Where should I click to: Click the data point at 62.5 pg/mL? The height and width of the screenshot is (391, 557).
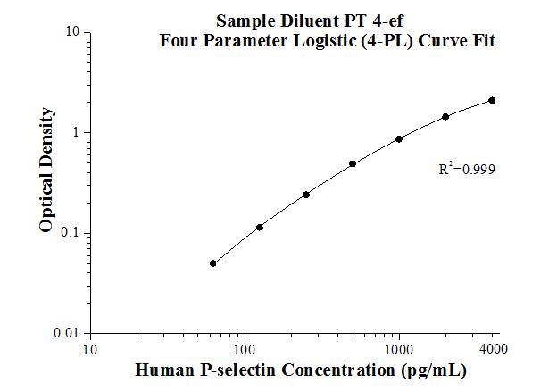(x=213, y=263)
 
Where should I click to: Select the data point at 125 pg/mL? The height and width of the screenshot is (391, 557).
(x=260, y=228)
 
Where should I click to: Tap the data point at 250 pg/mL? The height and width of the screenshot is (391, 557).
(x=306, y=195)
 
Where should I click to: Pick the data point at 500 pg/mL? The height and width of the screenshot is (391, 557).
(x=353, y=164)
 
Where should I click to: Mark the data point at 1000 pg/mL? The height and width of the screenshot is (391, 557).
(x=399, y=139)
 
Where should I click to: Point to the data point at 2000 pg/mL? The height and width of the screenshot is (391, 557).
(x=445, y=117)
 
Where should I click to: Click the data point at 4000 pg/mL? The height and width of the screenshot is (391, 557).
(x=492, y=101)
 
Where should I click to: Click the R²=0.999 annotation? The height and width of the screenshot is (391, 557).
(x=466, y=167)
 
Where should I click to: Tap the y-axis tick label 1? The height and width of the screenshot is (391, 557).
(x=77, y=133)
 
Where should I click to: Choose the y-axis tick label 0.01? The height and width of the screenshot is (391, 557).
(x=68, y=334)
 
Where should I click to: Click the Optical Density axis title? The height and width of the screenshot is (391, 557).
(x=46, y=171)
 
